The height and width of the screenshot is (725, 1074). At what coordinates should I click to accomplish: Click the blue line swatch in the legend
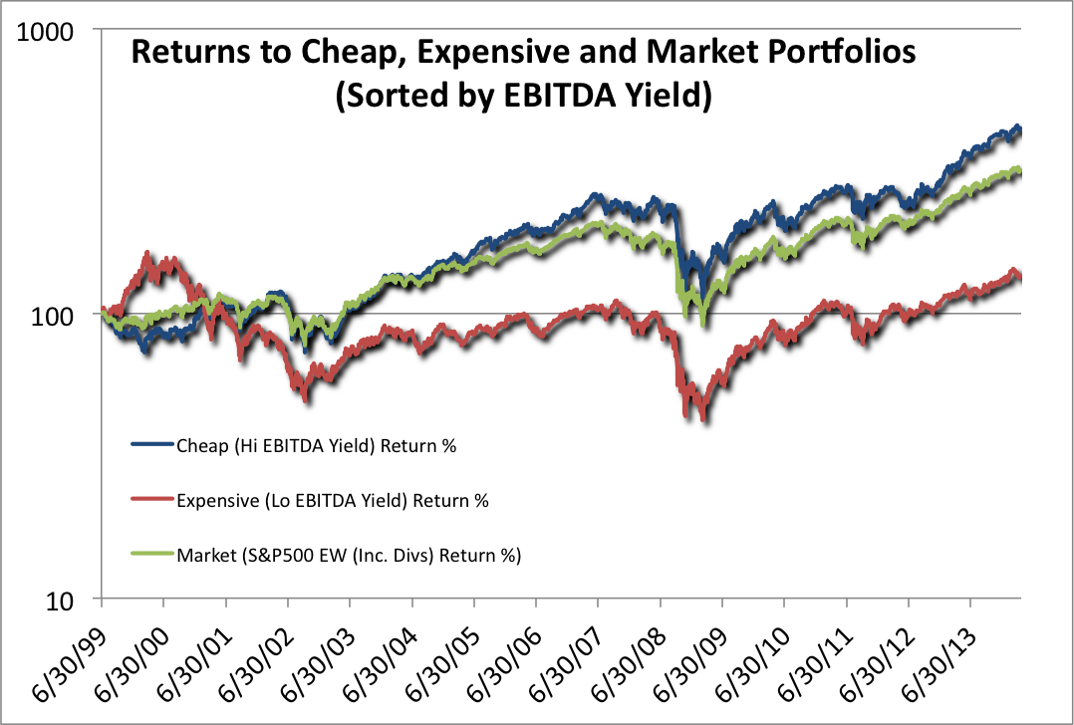(x=151, y=444)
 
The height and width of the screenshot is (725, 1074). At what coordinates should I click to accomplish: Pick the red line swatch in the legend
(x=151, y=500)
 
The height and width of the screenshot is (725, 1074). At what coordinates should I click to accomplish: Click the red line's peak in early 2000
(x=149, y=255)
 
